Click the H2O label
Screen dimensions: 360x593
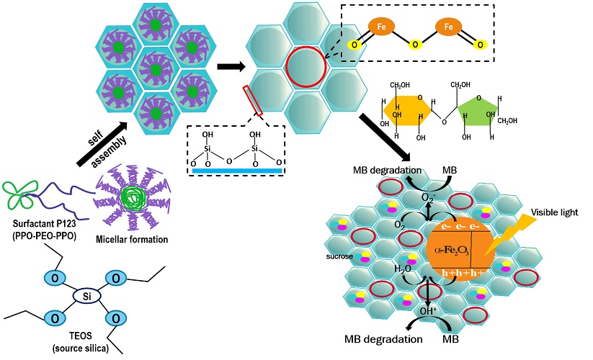(x=383, y=269)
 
